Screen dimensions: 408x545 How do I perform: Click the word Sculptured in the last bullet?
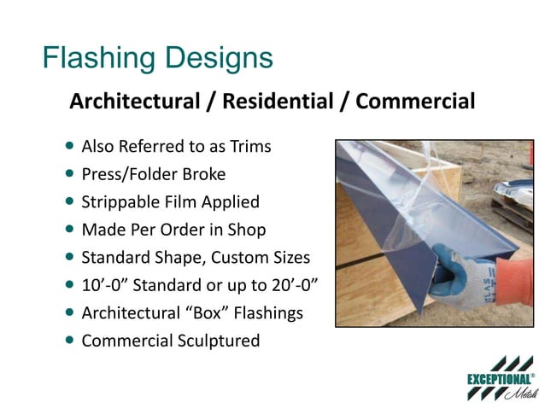[219, 341]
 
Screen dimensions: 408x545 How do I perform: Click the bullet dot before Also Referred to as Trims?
[69, 146]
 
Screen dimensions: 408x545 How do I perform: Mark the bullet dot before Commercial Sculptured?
[69, 340]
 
